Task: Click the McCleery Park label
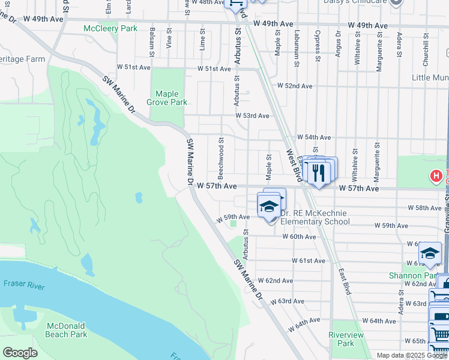(x=110, y=28)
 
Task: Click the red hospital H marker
(x=436, y=176)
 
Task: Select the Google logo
(x=20, y=353)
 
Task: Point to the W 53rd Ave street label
(x=252, y=115)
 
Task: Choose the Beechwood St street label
(x=221, y=158)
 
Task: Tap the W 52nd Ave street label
(x=295, y=86)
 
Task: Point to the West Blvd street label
(x=294, y=166)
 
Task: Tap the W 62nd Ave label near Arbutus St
(x=276, y=281)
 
